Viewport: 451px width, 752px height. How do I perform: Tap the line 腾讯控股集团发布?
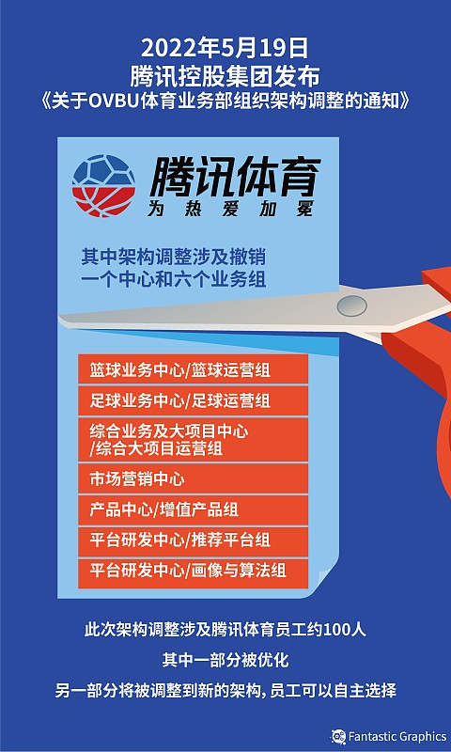click(x=225, y=74)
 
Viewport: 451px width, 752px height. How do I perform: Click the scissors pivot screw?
click(x=352, y=305)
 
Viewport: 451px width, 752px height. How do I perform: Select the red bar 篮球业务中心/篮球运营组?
click(x=193, y=368)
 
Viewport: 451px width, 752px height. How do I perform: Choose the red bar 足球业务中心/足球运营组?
click(x=193, y=401)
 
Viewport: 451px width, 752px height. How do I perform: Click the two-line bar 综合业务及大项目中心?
click(x=193, y=439)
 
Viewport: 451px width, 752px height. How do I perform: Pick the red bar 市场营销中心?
click(x=193, y=477)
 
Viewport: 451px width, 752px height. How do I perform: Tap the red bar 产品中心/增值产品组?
click(x=193, y=509)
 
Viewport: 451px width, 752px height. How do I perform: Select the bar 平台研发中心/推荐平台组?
click(x=193, y=540)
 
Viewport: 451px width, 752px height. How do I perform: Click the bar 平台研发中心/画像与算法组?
click(x=193, y=570)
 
